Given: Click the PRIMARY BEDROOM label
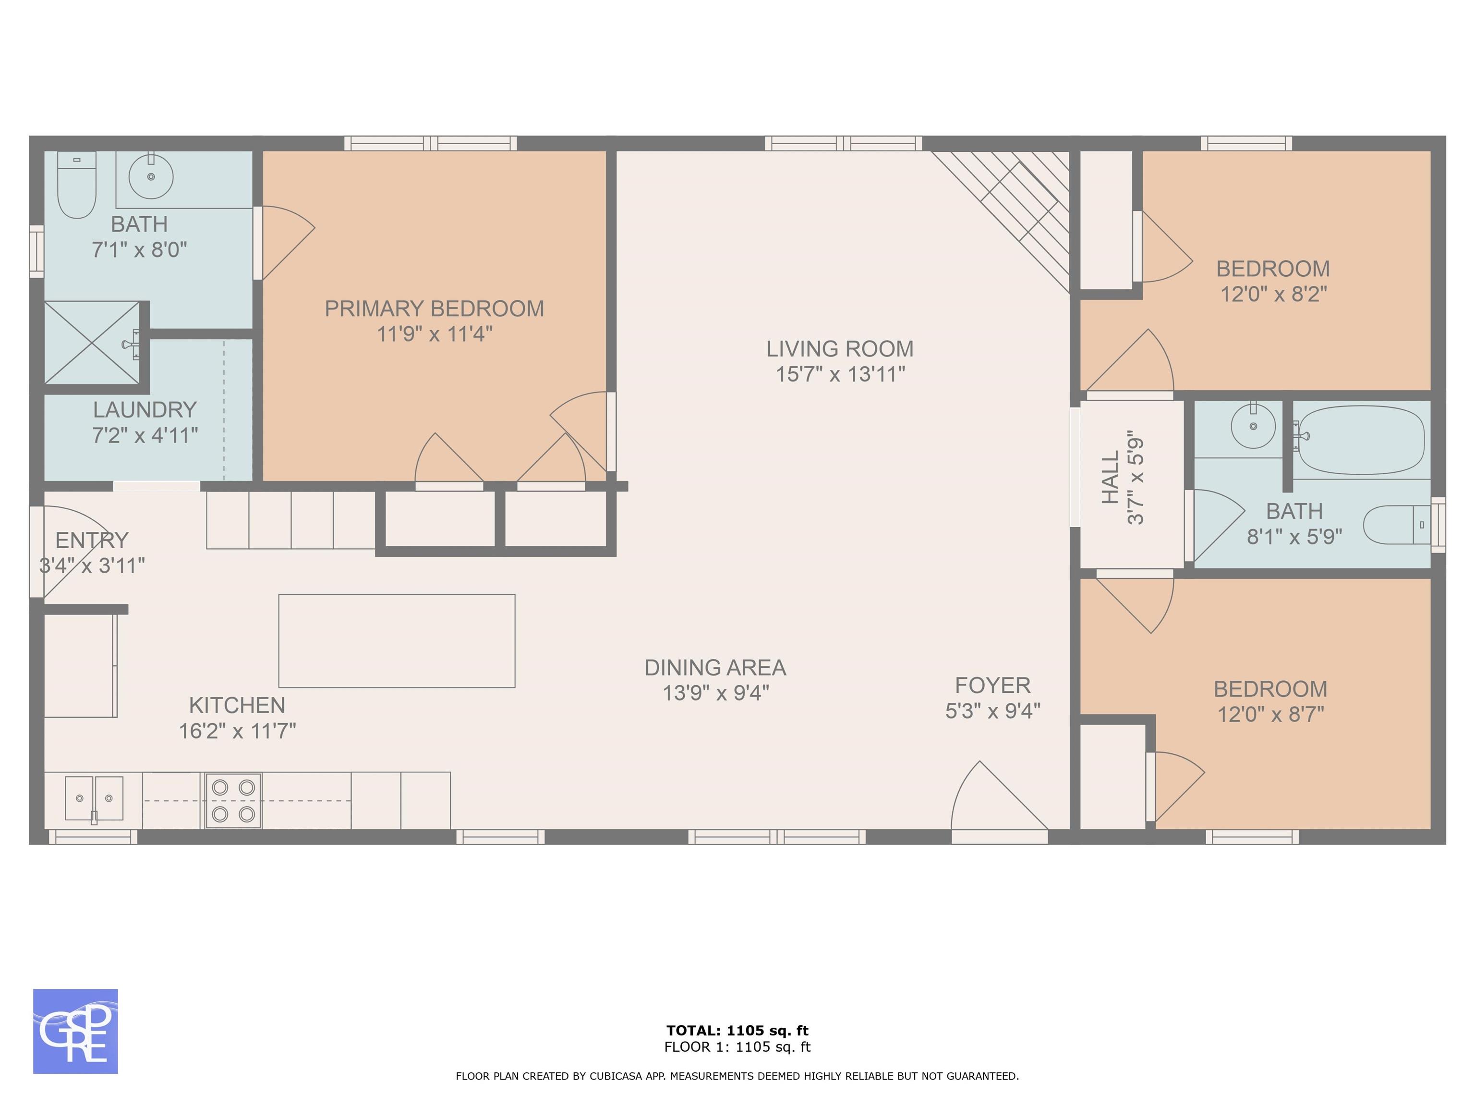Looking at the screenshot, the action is (434, 308).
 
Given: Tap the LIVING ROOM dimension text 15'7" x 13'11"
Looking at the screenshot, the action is (840, 374).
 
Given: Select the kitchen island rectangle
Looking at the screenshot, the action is (397, 640).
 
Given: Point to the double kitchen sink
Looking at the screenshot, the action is (94, 798).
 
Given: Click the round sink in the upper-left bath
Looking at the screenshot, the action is (151, 176).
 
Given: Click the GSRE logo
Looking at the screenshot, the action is (75, 1031).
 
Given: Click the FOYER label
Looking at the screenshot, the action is (993, 685).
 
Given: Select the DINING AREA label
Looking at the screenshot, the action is (715, 667).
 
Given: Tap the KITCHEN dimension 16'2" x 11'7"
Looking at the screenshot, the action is (237, 731).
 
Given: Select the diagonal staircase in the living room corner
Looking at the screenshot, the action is (1000, 220).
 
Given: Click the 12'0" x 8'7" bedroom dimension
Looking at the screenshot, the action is (1271, 714).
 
